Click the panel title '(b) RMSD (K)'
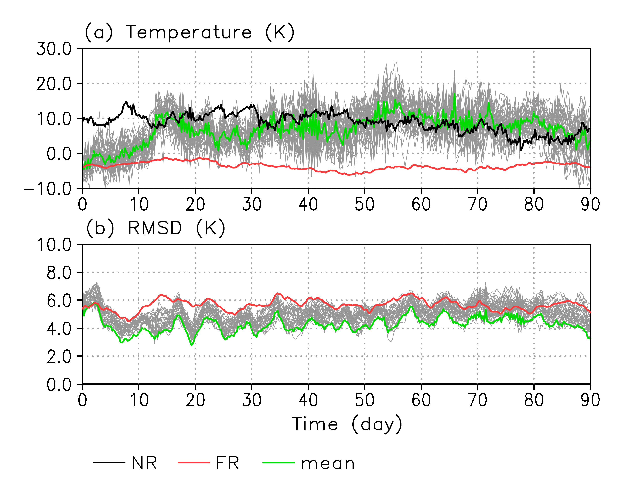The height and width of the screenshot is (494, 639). (156, 228)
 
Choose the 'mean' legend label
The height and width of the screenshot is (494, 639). (328, 464)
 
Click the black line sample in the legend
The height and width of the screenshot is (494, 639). (109, 463)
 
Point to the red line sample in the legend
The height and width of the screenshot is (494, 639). (194, 463)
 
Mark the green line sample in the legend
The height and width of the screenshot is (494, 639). (278, 463)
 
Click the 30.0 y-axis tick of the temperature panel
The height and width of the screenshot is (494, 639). (54, 49)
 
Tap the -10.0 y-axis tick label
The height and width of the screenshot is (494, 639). (48, 189)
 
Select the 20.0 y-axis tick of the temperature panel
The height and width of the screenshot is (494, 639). (54, 84)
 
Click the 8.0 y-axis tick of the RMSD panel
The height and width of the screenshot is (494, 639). (59, 273)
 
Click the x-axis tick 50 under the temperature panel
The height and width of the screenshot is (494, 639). (365, 204)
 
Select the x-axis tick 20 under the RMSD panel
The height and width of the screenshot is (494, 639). (195, 400)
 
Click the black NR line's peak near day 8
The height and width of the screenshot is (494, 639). (126, 102)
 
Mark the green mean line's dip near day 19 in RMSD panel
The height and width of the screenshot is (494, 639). (192, 345)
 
